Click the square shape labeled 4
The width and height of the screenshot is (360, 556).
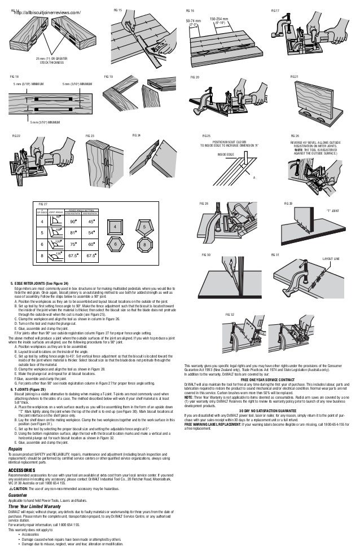click(115, 227)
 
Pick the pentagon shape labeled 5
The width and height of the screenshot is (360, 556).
click(144, 227)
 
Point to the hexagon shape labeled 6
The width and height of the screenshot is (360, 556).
click(115, 245)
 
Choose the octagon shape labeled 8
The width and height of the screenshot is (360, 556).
click(144, 245)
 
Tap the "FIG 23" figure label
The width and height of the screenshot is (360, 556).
click(90, 136)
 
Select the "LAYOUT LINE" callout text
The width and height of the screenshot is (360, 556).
click(331, 259)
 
